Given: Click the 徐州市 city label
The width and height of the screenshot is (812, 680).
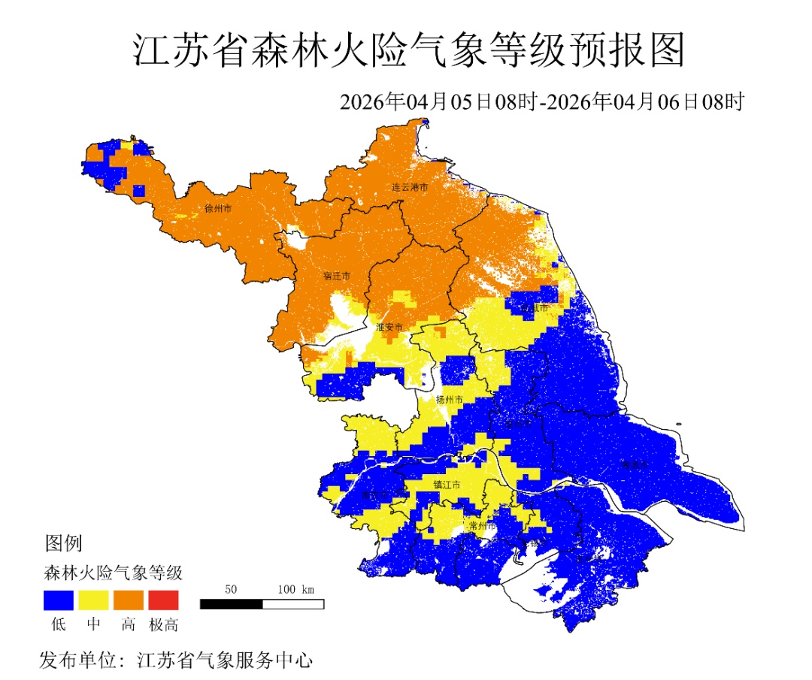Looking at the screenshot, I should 218,208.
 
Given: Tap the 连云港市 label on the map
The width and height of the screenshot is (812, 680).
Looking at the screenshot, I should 410,186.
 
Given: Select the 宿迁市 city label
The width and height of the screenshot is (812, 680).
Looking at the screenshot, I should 337,276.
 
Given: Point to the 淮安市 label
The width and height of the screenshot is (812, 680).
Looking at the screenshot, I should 389,327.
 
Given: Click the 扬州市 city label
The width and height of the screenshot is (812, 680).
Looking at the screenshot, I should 450,400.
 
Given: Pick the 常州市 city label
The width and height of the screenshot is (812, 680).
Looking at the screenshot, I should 481,526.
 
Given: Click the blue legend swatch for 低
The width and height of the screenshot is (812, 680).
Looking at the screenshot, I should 58,600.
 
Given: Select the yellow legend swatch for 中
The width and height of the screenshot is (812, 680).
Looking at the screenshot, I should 93,600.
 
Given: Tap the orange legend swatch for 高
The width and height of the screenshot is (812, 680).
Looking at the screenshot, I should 129,600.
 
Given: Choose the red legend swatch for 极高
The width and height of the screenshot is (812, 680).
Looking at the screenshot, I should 163,600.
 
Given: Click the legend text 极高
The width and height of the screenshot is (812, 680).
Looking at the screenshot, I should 163,624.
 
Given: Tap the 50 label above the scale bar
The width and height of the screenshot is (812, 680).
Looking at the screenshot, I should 232,588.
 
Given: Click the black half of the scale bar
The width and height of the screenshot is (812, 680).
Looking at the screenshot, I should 232,603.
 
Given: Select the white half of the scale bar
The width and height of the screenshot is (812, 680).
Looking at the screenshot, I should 293,603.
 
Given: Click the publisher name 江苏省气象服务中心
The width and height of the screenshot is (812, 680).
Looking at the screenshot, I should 225,660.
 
